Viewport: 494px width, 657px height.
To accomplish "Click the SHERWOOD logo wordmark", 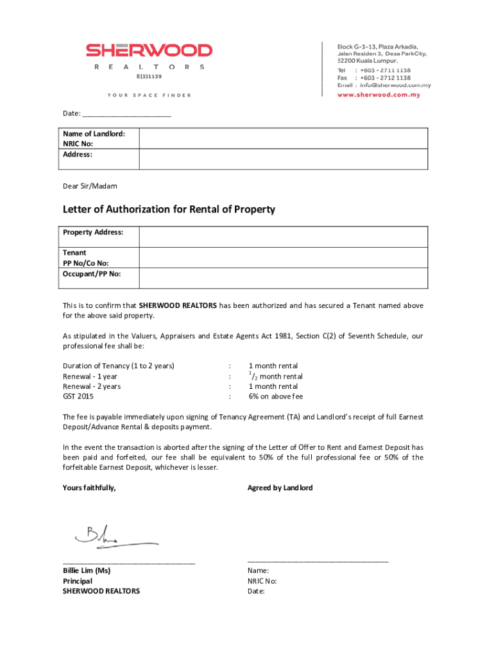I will pyautogui.click(x=149, y=50).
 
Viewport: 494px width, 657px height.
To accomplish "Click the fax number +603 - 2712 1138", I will pyautogui.click(x=385, y=78).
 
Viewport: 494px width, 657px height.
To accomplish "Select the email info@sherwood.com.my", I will pyautogui.click(x=395, y=85).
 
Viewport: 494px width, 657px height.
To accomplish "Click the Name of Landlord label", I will pyautogui.click(x=94, y=134).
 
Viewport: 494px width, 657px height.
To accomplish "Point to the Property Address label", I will pyautogui.click(x=93, y=232).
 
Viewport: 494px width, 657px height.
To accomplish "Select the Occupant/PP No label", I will pyautogui.click(x=92, y=274).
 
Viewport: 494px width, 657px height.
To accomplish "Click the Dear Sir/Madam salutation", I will pyautogui.click(x=90, y=186).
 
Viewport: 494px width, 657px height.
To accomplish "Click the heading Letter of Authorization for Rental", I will pyautogui.click(x=169, y=210).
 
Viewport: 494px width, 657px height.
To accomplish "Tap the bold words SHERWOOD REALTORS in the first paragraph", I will pyautogui.click(x=178, y=305).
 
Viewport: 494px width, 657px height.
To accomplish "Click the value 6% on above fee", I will pyautogui.click(x=276, y=397).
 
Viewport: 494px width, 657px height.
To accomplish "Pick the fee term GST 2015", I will pyautogui.click(x=78, y=397).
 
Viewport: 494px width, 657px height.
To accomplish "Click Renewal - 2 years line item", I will pyautogui.click(x=92, y=386).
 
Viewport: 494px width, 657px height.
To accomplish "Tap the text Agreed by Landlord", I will pyautogui.click(x=280, y=488).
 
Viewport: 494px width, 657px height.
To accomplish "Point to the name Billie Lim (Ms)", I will pyautogui.click(x=87, y=570).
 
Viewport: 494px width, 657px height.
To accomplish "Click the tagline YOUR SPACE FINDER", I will pyautogui.click(x=149, y=95).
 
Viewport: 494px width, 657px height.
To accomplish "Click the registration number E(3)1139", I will pyautogui.click(x=149, y=76).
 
